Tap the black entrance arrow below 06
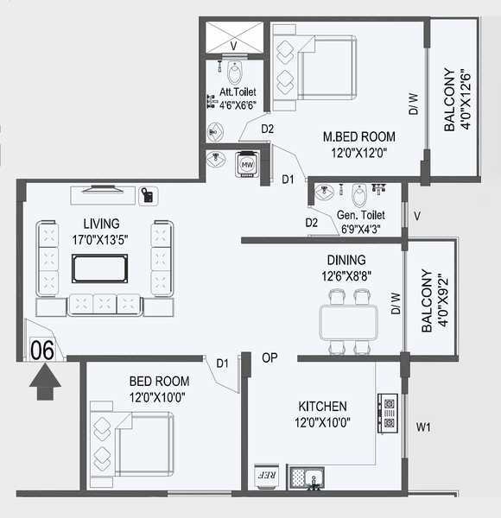pyautogui.click(x=43, y=381)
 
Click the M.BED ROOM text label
pyautogui.click(x=359, y=136)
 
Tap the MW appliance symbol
pyautogui.click(x=247, y=164)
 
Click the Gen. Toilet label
pyautogui.click(x=362, y=215)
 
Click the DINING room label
pyautogui.click(x=346, y=260)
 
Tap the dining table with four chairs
pyautogui.click(x=349, y=323)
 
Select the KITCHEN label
pyautogui.click(x=322, y=406)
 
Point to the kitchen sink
pyautogui.click(x=307, y=476)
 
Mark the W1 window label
pyautogui.click(x=422, y=426)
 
